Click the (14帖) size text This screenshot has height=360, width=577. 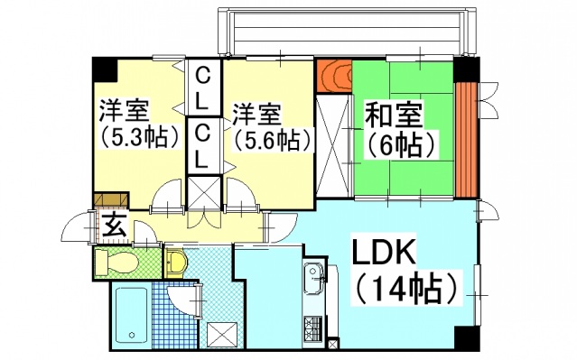tap(403, 288)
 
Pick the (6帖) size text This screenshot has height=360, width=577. tap(400, 143)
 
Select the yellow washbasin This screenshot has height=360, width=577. tap(177, 263)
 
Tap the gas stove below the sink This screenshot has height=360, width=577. tap(315, 326)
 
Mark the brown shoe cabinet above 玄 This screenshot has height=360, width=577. tap(111, 200)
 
